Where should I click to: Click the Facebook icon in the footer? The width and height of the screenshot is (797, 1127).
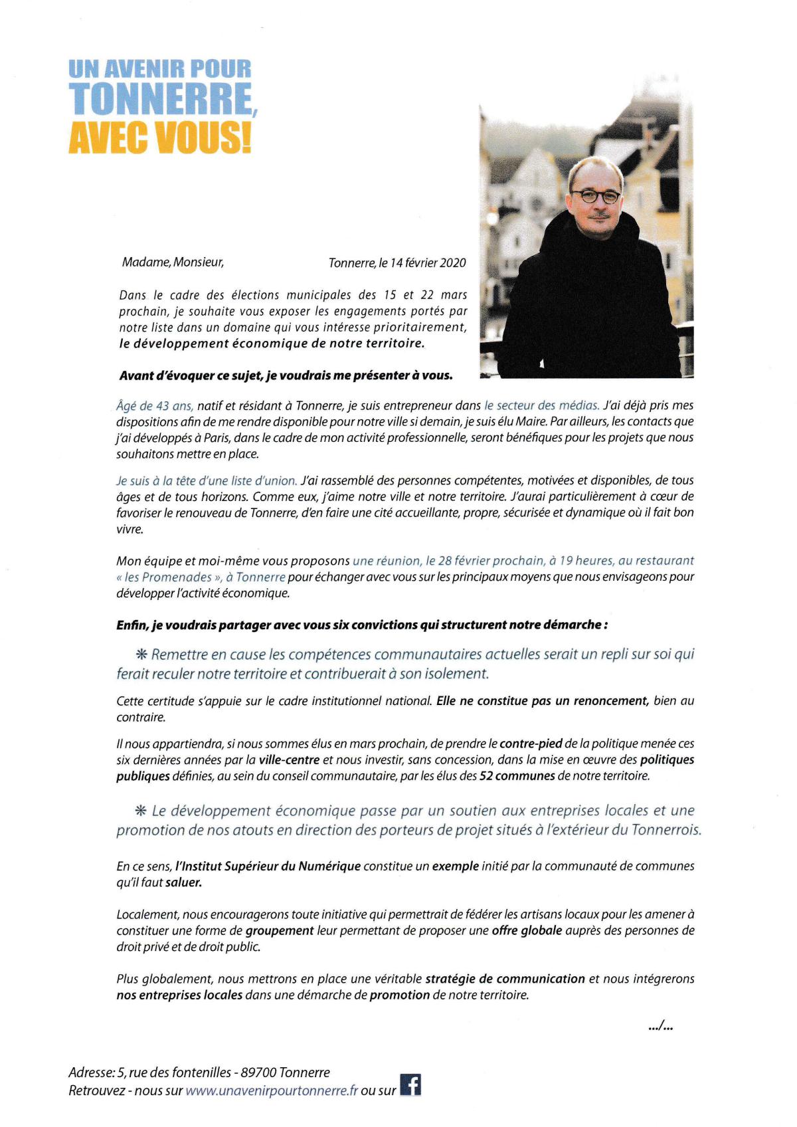pyautogui.click(x=411, y=1084)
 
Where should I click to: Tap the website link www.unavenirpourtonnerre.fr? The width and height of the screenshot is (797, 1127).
pyautogui.click(x=272, y=1090)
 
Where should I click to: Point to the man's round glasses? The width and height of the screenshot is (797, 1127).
pyautogui.click(x=596, y=196)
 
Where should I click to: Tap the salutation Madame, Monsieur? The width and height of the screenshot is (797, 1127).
pyautogui.click(x=173, y=262)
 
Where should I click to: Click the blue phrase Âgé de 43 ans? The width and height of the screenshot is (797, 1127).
pyautogui.click(x=155, y=405)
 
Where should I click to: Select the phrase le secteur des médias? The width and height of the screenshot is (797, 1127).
pyautogui.click(x=541, y=405)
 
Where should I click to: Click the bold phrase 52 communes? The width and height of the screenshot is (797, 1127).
pyautogui.click(x=517, y=775)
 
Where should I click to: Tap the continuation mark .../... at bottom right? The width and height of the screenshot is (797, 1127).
pyautogui.click(x=660, y=1027)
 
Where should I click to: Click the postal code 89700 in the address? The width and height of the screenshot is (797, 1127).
pyautogui.click(x=258, y=1072)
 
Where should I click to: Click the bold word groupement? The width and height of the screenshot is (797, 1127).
pyautogui.click(x=279, y=930)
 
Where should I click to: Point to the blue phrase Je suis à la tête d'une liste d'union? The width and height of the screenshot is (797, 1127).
pyautogui.click(x=207, y=480)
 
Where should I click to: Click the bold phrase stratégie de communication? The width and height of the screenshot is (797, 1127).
pyautogui.click(x=505, y=979)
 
